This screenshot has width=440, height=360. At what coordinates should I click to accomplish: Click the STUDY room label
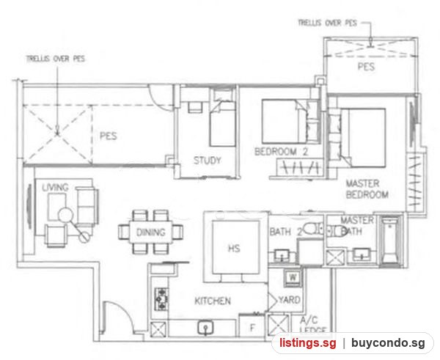coord(207,161)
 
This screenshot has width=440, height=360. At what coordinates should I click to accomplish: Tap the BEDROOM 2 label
coord(281,152)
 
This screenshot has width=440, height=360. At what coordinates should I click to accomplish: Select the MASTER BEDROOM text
coord(367,189)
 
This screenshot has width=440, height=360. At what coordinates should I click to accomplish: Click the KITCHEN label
coord(213,301)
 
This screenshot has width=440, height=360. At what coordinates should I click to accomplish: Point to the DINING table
coord(150,232)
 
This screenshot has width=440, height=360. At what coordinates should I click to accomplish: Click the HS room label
coord(234,249)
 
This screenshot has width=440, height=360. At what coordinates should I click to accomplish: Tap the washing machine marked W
coord(293,278)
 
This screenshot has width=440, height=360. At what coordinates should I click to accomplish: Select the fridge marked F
coord(252,327)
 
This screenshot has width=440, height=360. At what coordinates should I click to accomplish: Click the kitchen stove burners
coord(161,299)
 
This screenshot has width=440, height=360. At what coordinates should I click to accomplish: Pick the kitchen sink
coord(205,328)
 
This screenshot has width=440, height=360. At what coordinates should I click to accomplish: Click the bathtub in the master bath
coord(389,240)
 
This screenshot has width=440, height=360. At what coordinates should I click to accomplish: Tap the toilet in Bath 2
coord(312,229)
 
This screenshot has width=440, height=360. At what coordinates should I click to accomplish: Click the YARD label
coord(290,300)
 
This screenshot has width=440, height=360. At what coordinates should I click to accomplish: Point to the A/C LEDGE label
coord(312,326)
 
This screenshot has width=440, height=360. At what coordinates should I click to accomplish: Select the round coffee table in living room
coord(66,216)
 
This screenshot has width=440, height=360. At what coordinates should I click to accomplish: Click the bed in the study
coord(222,123)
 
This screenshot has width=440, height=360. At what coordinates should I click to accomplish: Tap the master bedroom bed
coord(362,138)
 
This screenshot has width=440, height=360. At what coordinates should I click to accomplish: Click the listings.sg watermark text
coord(307,342)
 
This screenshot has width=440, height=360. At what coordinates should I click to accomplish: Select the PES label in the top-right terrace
coord(366,67)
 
